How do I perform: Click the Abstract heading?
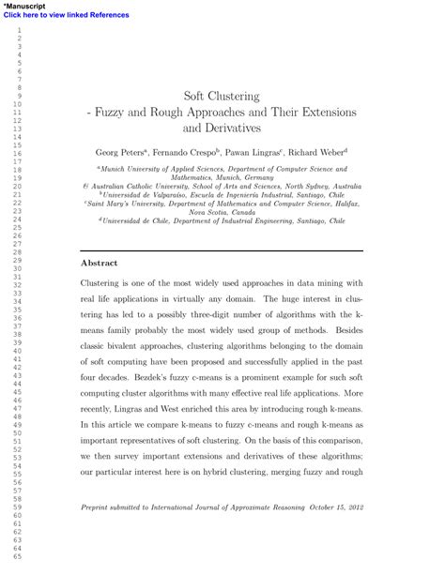coord(100,265)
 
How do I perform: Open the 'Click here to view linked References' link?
coord(66,15)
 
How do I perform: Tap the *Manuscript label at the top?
coord(27,6)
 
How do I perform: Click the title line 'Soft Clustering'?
coord(222,95)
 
